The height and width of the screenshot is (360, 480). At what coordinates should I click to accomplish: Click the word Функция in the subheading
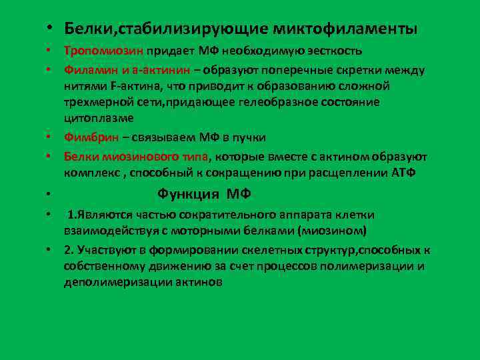tap(189, 195)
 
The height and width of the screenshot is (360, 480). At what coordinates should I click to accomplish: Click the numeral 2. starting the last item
tap(69, 251)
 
